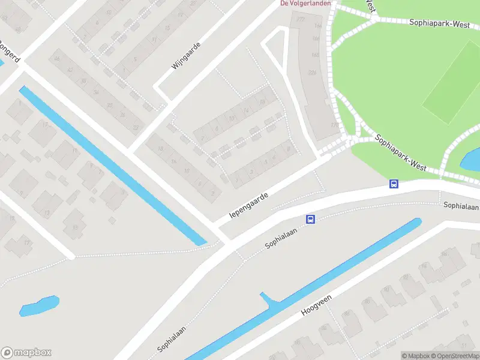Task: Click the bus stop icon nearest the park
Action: click(x=394, y=184)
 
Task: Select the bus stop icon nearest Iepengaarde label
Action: click(x=311, y=220)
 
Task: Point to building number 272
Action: click(x=300, y=20)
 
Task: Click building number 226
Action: click(x=311, y=73)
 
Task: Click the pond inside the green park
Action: click(x=470, y=159)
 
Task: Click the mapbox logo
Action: click(x=26, y=353)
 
